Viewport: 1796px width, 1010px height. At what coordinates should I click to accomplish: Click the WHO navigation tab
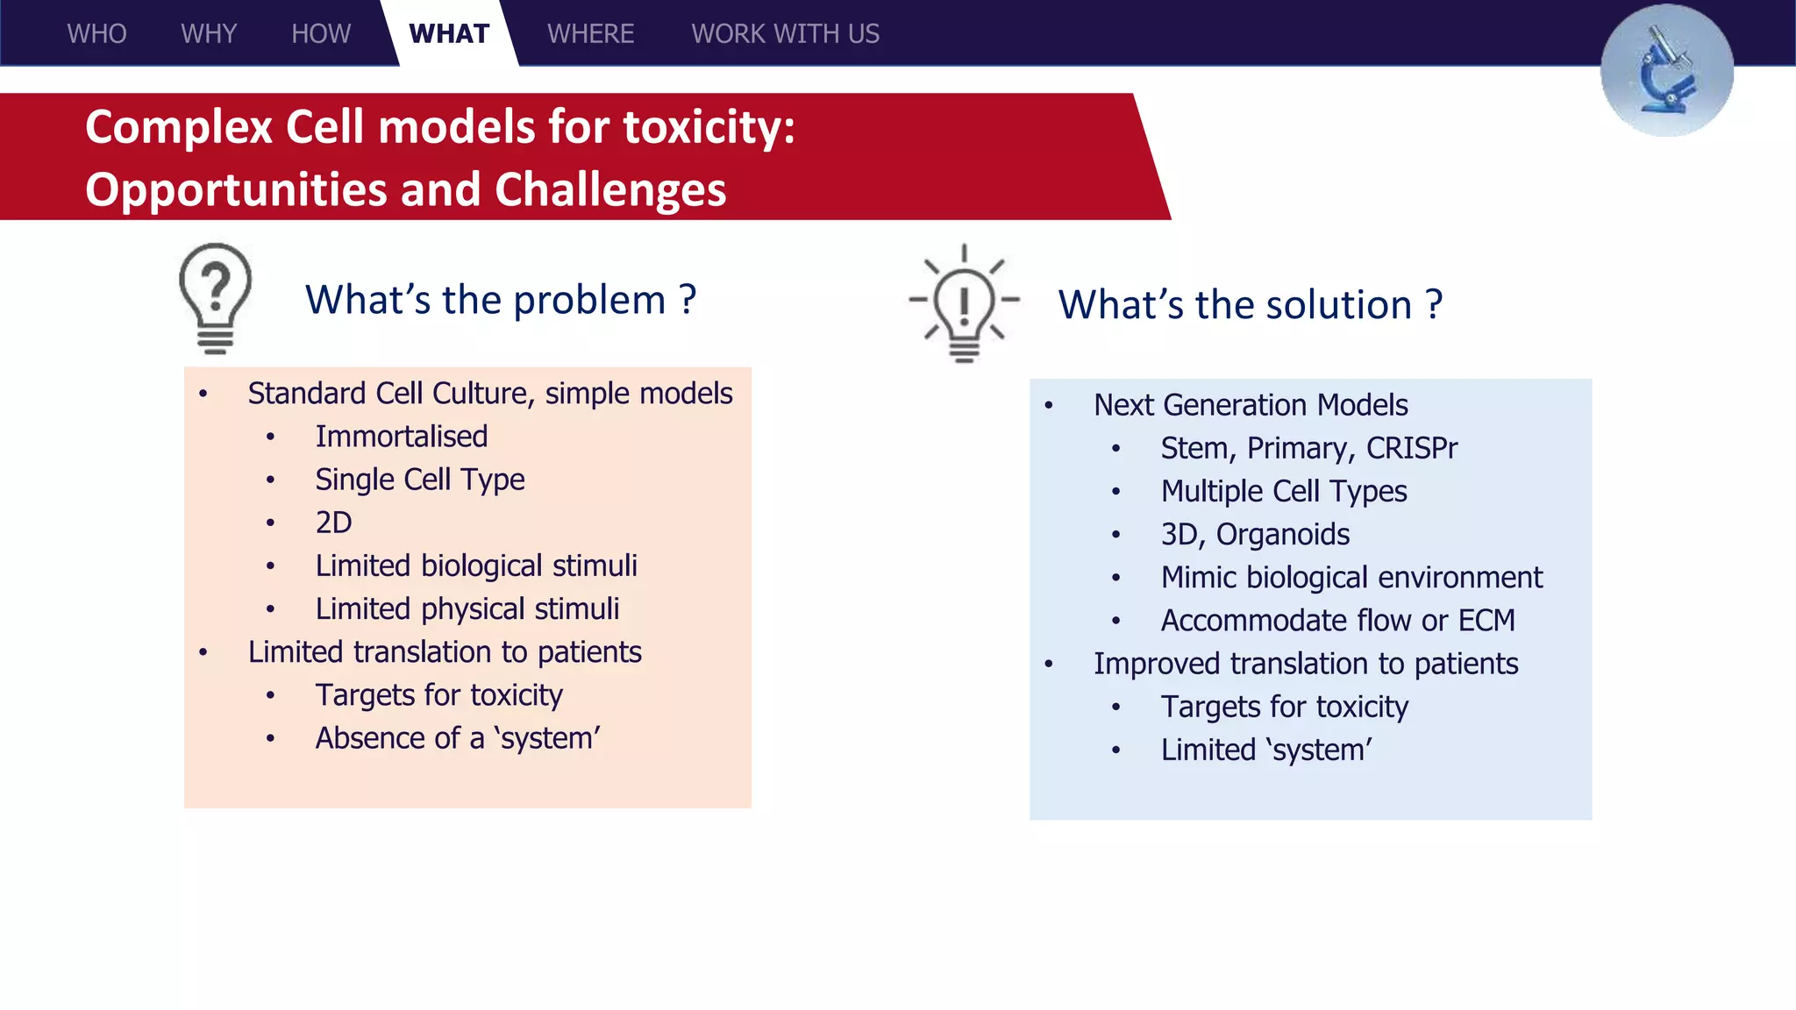coord(96,34)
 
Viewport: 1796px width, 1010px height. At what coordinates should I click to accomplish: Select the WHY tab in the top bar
coord(209,34)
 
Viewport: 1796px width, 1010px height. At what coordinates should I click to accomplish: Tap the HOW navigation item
coord(321,34)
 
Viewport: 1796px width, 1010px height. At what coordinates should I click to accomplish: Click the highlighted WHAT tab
coord(449,34)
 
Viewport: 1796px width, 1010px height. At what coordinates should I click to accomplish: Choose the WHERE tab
coord(590,34)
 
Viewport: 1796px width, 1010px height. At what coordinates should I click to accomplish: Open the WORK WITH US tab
coord(785,34)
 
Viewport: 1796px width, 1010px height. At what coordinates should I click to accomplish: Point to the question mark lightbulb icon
coord(215,298)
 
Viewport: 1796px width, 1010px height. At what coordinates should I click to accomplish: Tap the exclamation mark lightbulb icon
coord(964,302)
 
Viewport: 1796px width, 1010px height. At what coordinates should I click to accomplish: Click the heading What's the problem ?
coord(500,300)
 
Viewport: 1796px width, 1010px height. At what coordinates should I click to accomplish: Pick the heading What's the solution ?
coord(1250,305)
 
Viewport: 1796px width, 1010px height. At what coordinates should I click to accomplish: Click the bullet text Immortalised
coord(401,437)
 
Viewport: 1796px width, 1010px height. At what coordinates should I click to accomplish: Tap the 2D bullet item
coord(333,523)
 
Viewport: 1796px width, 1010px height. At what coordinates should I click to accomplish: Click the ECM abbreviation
coord(1486,621)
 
